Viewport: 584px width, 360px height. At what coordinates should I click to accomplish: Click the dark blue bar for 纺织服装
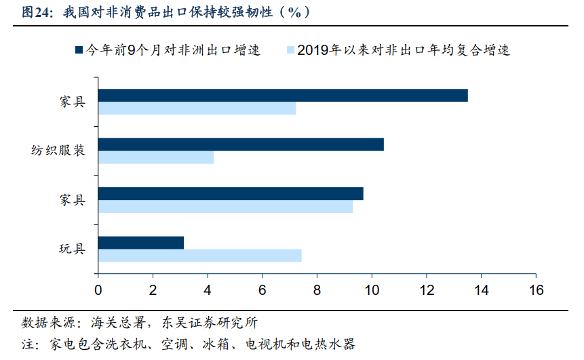pos(241,144)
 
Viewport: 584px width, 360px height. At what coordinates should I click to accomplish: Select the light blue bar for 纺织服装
pos(156,157)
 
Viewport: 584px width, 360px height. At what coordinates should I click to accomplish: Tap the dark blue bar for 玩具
pos(141,243)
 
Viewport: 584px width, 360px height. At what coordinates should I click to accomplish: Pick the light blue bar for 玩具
pos(199,256)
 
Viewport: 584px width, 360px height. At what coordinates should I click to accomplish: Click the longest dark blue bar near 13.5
pos(283,96)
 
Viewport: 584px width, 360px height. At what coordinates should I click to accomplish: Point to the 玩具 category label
pos(72,249)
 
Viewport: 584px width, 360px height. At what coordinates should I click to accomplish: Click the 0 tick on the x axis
pos(98,290)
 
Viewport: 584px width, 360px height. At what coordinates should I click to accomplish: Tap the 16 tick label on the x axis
pos(536,290)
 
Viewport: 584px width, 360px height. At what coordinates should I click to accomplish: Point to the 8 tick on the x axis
pos(317,290)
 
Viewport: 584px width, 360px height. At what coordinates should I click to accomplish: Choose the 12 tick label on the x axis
pos(427,290)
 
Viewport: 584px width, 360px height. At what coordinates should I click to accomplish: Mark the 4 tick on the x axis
pos(208,290)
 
